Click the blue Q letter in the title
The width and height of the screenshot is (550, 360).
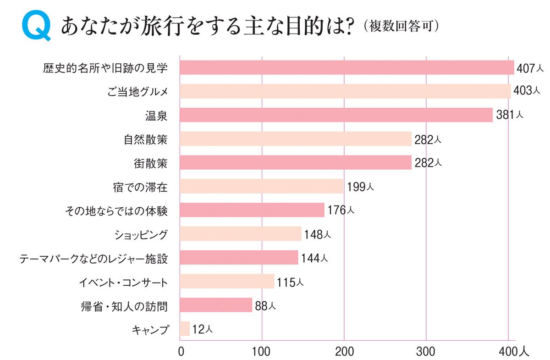pos(36,28)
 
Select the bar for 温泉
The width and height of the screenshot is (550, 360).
pos(336,115)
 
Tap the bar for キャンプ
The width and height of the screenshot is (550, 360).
pos(185,329)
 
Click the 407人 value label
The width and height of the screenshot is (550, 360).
pos(530,68)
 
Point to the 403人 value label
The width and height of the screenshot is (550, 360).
pos(526,91)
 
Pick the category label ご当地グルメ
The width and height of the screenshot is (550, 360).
pos(136,91)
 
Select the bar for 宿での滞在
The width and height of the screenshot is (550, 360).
pos(261,186)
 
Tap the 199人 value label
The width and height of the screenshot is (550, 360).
pos(361,187)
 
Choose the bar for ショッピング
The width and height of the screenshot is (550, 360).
pos(240,234)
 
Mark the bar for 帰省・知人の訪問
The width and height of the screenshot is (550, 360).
pos(216,305)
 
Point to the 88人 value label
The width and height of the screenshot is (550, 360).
pos(265,305)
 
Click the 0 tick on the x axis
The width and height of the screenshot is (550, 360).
pos(181,352)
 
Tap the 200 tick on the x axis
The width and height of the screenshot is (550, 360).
pos(344,352)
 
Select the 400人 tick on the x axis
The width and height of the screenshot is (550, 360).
pos(513,352)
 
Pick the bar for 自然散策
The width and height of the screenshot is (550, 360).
pos(296,138)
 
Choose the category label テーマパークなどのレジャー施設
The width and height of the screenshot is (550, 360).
pos(93,258)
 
